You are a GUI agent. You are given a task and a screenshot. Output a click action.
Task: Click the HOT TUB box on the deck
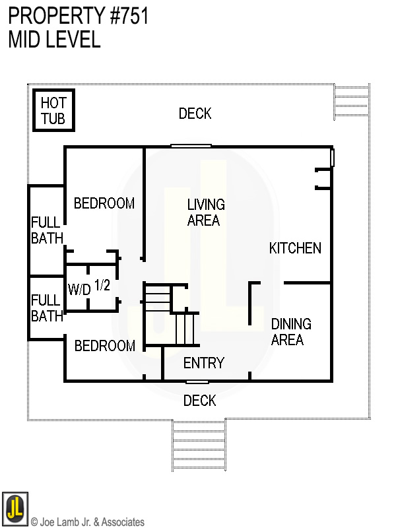(x=53, y=111)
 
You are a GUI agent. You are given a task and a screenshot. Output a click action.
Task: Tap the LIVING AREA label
(x=205, y=213)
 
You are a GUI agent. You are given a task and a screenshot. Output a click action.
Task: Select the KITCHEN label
(x=295, y=248)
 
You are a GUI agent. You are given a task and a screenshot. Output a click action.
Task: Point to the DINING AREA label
(x=290, y=332)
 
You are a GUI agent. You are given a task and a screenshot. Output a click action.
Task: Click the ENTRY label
(x=203, y=363)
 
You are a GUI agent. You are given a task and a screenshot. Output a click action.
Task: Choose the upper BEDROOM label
(x=104, y=203)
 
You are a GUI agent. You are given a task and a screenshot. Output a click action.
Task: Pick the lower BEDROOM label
(x=104, y=346)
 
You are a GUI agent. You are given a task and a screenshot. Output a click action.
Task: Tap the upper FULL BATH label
(x=47, y=230)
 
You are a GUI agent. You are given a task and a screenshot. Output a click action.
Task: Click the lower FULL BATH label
(x=47, y=309)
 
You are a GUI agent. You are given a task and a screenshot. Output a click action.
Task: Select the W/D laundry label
(x=79, y=289)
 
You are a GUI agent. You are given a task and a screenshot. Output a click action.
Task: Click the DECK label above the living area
(x=195, y=114)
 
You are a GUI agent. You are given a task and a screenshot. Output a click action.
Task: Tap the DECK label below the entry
(x=199, y=401)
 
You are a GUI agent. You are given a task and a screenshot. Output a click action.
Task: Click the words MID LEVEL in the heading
(x=54, y=40)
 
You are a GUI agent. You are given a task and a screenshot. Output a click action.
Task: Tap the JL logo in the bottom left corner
(x=15, y=509)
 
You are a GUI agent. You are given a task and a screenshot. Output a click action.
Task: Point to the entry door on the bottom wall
(x=197, y=381)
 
